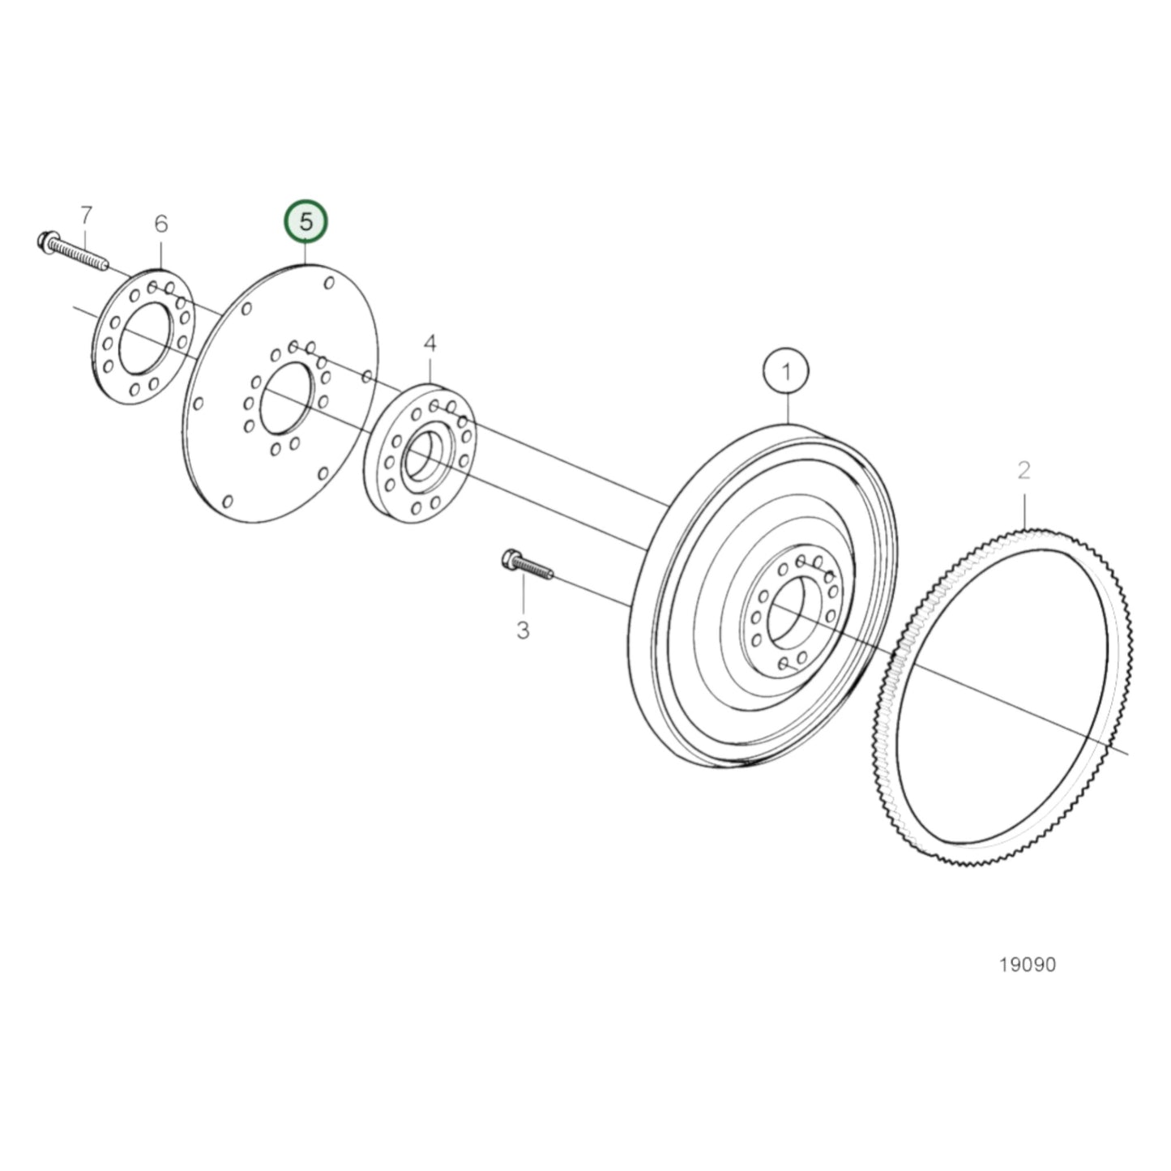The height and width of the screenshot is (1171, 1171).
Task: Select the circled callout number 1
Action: click(785, 372)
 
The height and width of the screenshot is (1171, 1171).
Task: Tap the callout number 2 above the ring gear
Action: click(1024, 469)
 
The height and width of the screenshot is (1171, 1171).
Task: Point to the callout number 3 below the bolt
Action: click(523, 629)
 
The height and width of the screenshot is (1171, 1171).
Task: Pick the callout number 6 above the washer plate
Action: click(160, 223)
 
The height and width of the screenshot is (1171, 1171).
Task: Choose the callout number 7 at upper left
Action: click(86, 215)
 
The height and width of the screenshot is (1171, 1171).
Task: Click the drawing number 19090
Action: click(1028, 964)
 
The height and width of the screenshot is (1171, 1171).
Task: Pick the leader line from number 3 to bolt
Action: click(523, 595)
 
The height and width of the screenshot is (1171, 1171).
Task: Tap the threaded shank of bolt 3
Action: click(537, 570)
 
